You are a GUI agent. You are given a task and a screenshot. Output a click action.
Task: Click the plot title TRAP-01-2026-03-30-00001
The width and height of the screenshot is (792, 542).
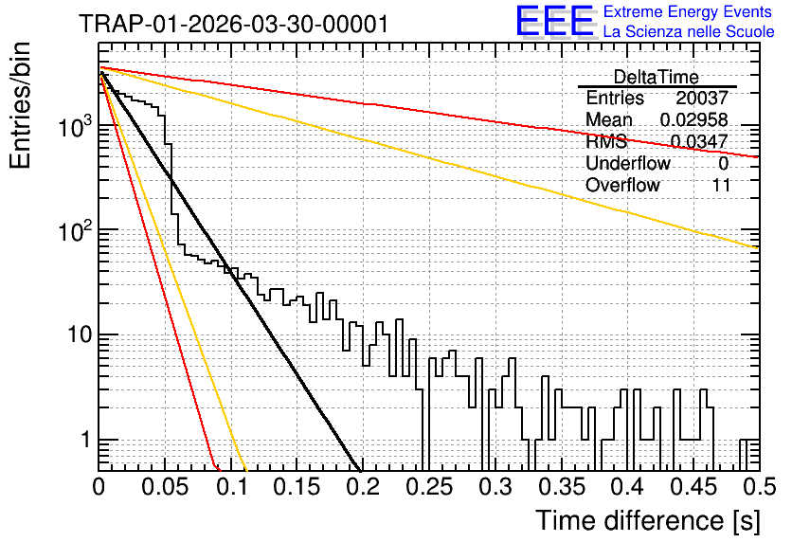tap(234, 24)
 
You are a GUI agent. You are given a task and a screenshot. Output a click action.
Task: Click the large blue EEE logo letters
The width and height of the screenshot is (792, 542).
tap(554, 21)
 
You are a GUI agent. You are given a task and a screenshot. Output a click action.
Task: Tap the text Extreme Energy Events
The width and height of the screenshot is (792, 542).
tap(688, 11)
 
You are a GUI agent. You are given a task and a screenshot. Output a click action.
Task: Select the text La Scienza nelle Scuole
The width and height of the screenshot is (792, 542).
tap(689, 32)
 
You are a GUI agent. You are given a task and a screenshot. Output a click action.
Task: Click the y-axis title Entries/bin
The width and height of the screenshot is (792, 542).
tap(20, 106)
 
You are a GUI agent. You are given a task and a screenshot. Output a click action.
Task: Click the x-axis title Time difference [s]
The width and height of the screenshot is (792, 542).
tap(648, 521)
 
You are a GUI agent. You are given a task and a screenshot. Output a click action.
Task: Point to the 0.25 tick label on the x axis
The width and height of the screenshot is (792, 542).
tap(429, 487)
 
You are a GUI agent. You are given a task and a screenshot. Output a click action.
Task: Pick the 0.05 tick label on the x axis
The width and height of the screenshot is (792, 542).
tap(165, 487)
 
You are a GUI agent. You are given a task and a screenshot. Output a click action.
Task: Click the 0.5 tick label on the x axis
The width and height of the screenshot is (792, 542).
tap(759, 487)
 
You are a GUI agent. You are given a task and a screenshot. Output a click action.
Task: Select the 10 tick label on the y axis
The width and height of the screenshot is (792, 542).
tap(80, 334)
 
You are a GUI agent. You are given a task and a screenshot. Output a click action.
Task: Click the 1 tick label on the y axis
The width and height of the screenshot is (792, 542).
tap(86, 440)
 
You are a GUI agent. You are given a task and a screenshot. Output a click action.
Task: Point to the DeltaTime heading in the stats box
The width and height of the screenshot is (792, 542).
tap(657, 77)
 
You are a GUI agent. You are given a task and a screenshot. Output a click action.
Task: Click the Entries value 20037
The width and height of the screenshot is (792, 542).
tap(702, 98)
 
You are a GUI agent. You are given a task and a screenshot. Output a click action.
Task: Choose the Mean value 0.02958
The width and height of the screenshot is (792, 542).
tap(694, 119)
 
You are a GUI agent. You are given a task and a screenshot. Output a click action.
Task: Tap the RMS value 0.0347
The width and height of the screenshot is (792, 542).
tap(699, 141)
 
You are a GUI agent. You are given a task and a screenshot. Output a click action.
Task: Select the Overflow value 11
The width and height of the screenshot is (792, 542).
tap(722, 186)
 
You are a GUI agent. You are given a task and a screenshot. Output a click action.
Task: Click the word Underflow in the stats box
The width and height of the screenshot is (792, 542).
tap(628, 163)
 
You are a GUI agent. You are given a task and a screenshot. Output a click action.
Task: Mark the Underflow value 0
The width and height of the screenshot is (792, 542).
tap(723, 163)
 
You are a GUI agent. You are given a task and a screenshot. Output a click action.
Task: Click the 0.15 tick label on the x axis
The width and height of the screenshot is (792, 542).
tap(297, 487)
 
